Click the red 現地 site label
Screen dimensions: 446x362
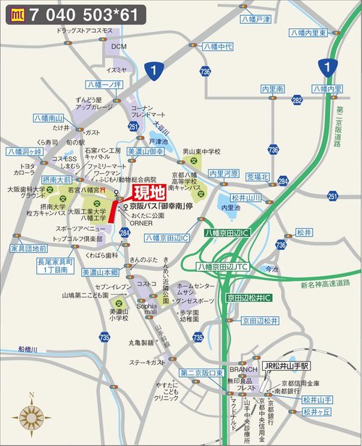148,193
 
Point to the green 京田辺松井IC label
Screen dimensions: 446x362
248,298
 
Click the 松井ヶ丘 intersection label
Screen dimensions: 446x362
316,412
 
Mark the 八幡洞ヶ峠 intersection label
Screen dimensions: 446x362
25,152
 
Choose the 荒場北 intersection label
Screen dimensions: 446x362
257,177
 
